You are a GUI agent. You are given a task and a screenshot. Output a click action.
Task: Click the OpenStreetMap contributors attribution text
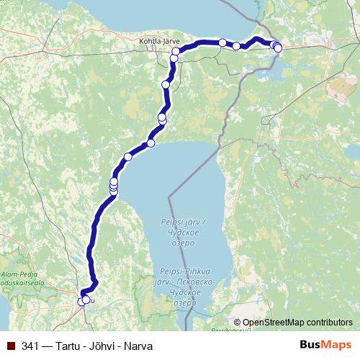click(297, 323)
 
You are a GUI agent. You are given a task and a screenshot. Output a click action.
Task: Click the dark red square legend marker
click(12, 346)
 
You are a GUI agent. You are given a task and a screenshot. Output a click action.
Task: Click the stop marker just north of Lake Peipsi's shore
click(150, 143)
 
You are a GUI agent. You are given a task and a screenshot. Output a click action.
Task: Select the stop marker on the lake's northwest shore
click(128, 156)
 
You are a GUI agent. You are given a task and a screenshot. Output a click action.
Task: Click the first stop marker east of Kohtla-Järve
click(222, 42)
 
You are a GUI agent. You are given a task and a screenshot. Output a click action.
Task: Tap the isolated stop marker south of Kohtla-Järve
click(166, 85)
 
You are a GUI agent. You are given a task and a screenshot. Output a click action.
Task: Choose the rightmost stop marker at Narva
click(278, 48)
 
